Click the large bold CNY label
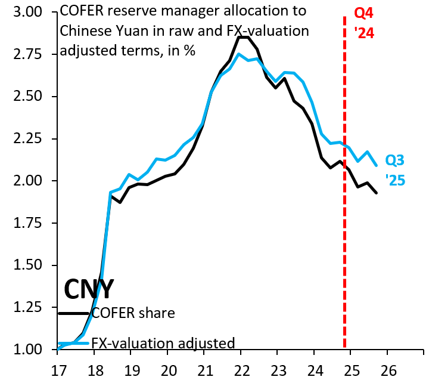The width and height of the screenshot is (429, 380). [x=89, y=289]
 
